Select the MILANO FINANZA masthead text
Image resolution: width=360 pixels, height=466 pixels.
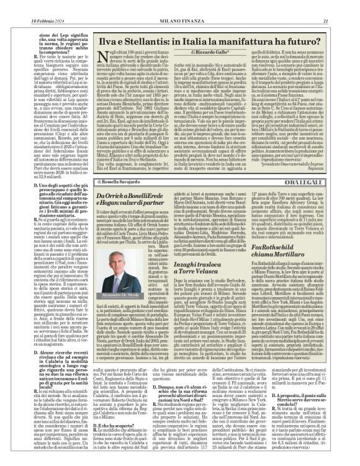pos(180,6)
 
